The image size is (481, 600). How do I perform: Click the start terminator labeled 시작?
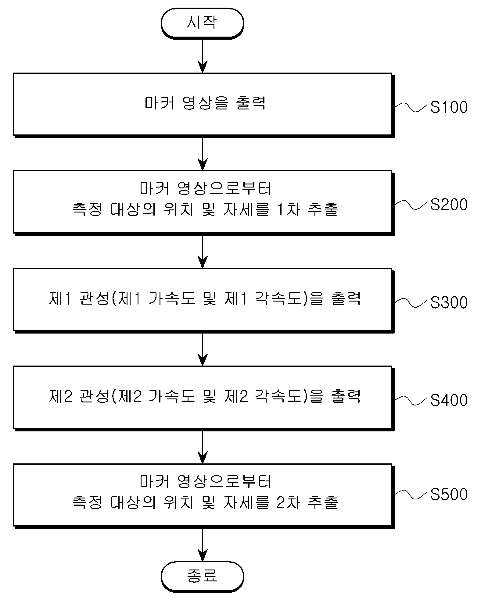tap(202, 23)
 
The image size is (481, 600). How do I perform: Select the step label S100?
tap(449, 107)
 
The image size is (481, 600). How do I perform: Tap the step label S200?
tap(449, 205)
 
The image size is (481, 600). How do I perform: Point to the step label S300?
tap(449, 303)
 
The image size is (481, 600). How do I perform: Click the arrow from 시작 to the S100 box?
tap(203, 56)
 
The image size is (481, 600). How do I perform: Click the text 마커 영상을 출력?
tap(205, 103)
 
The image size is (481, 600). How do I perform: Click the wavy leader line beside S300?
tap(411, 302)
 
